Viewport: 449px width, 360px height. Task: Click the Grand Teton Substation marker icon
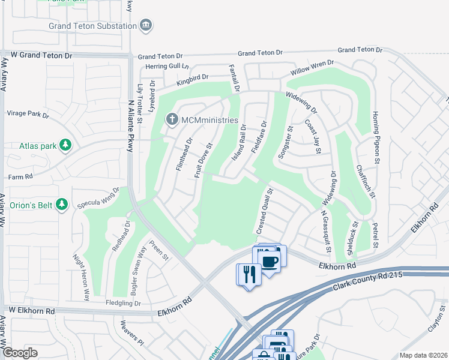[x=146, y=25]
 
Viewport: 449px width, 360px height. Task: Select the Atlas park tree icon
[x=66, y=145]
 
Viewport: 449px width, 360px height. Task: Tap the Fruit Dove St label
[x=203, y=160]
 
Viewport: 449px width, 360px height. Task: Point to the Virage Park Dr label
[x=27, y=113]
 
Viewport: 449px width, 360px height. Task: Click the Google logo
[x=20, y=353]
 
